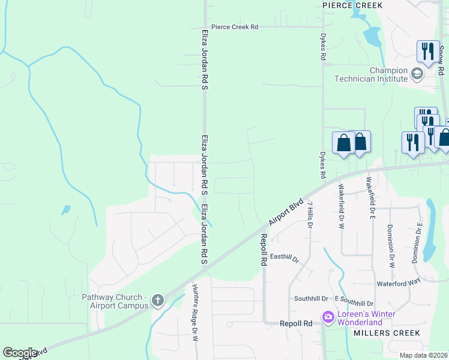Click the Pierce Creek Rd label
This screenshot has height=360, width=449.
click(234, 27)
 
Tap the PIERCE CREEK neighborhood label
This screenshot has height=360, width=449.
click(352, 5)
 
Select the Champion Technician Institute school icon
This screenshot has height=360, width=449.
click(417, 74)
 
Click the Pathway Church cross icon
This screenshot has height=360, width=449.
click(158, 300)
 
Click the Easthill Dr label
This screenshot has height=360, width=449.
click(285, 257)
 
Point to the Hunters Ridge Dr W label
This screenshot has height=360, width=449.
click(194, 312)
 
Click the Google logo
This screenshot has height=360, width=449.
click(20, 353)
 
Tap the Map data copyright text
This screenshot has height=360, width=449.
click(423, 355)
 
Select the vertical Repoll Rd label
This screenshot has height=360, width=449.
click(263, 250)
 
